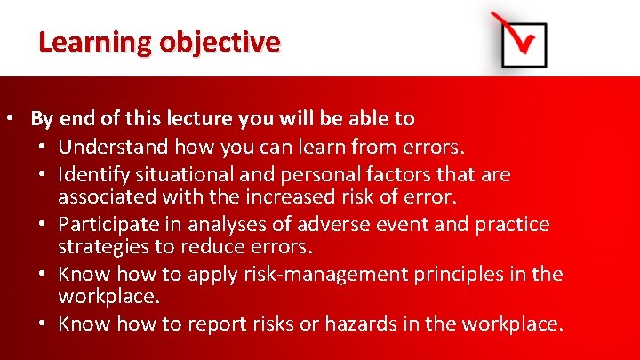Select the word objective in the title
(220, 42)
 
